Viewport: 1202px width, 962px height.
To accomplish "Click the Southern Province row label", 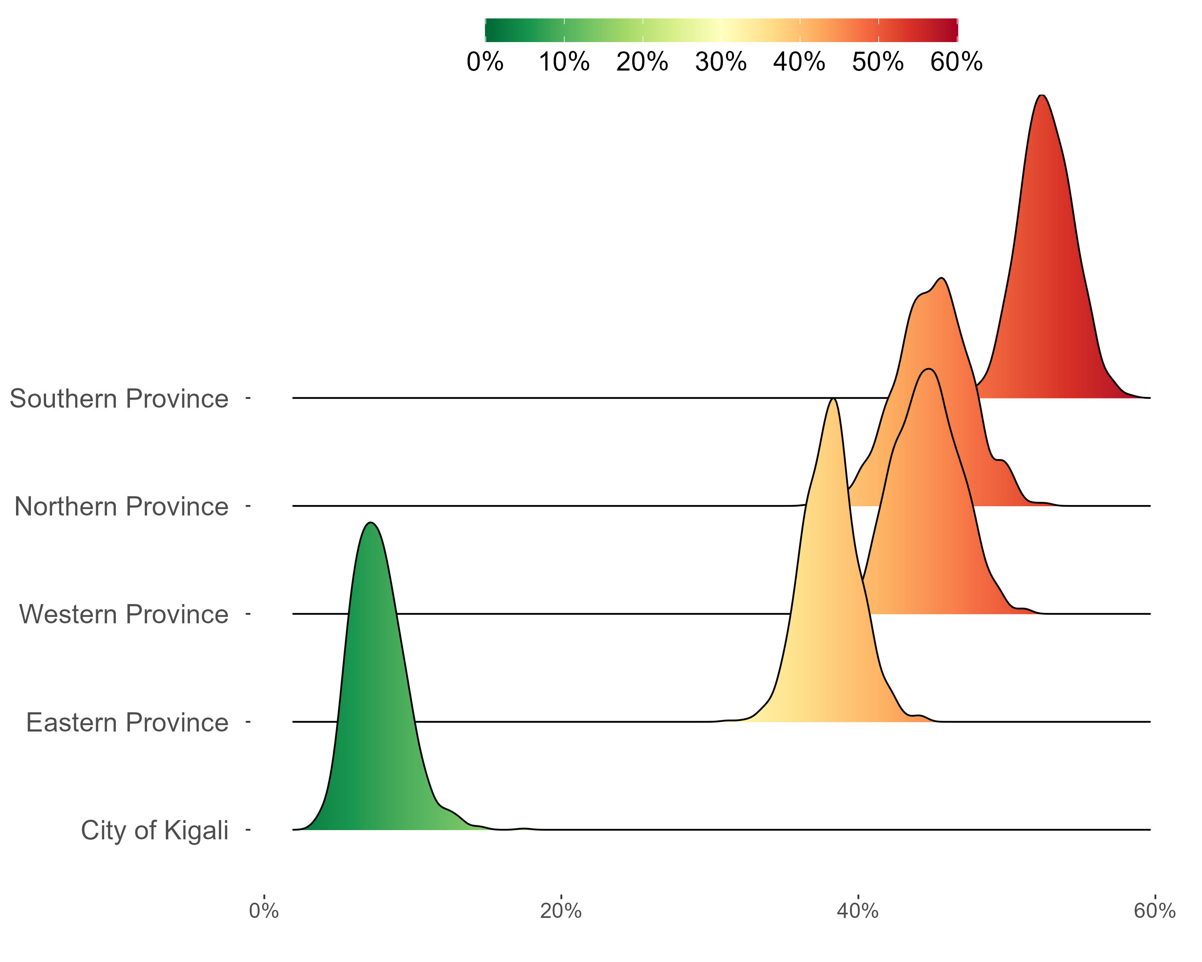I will click(119, 399).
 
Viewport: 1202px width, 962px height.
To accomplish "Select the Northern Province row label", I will click(121, 506).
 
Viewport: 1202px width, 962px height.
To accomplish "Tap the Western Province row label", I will click(124, 614).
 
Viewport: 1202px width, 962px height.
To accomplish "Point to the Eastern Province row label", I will click(127, 722).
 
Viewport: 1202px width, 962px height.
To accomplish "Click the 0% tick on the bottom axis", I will click(264, 911).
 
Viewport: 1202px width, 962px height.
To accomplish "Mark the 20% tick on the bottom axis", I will click(561, 911).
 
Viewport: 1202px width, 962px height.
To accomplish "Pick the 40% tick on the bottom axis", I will click(858, 911).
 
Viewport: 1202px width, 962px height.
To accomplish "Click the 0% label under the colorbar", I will click(485, 61).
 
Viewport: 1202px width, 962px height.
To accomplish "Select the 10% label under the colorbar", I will click(564, 61).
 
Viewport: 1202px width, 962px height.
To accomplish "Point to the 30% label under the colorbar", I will click(721, 61).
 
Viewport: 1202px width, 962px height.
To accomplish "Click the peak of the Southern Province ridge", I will click(1041, 95).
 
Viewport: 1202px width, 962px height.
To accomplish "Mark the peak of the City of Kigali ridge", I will click(371, 523).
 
